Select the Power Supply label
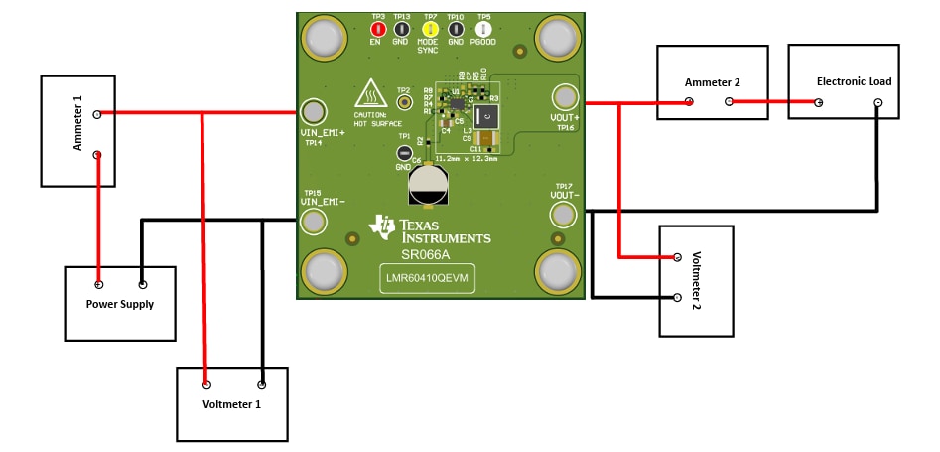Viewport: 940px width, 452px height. [120, 304]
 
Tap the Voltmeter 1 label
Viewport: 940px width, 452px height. [232, 405]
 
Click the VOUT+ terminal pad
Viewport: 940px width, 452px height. [565, 97]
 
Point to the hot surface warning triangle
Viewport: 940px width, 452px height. [371, 93]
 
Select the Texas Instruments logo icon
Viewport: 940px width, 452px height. [382, 226]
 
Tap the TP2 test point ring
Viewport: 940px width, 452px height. [404, 102]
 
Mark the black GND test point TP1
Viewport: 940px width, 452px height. [404, 153]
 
